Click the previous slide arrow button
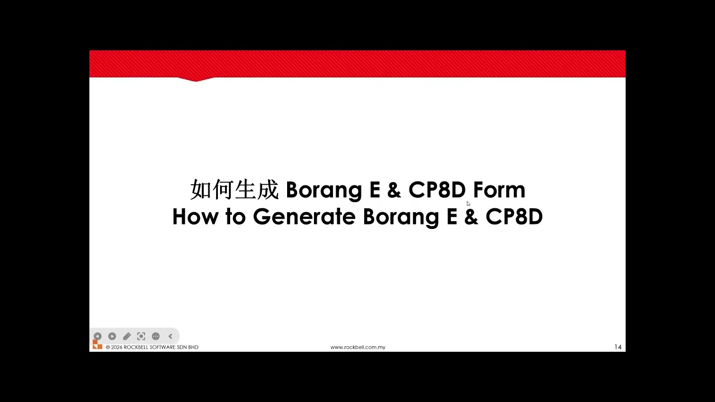(97, 336)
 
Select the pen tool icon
(127, 336)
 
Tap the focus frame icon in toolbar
(141, 336)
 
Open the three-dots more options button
(156, 336)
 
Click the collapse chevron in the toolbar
(170, 336)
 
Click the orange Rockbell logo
(97, 346)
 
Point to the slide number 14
(618, 347)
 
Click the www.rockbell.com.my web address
(357, 347)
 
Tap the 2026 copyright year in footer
(117, 347)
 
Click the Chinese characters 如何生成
(234, 190)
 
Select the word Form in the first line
(499, 190)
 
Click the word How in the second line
(195, 217)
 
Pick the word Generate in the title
(304, 217)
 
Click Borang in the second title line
(401, 217)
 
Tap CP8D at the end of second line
(514, 217)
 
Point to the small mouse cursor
(468, 203)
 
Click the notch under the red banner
(196, 79)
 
